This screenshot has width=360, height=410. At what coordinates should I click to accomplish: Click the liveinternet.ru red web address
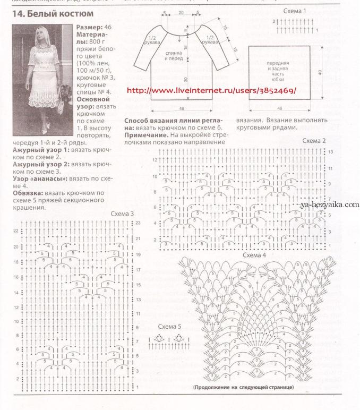(x=212, y=91)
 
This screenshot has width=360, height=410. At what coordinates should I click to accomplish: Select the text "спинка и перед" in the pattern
(x=172, y=56)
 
